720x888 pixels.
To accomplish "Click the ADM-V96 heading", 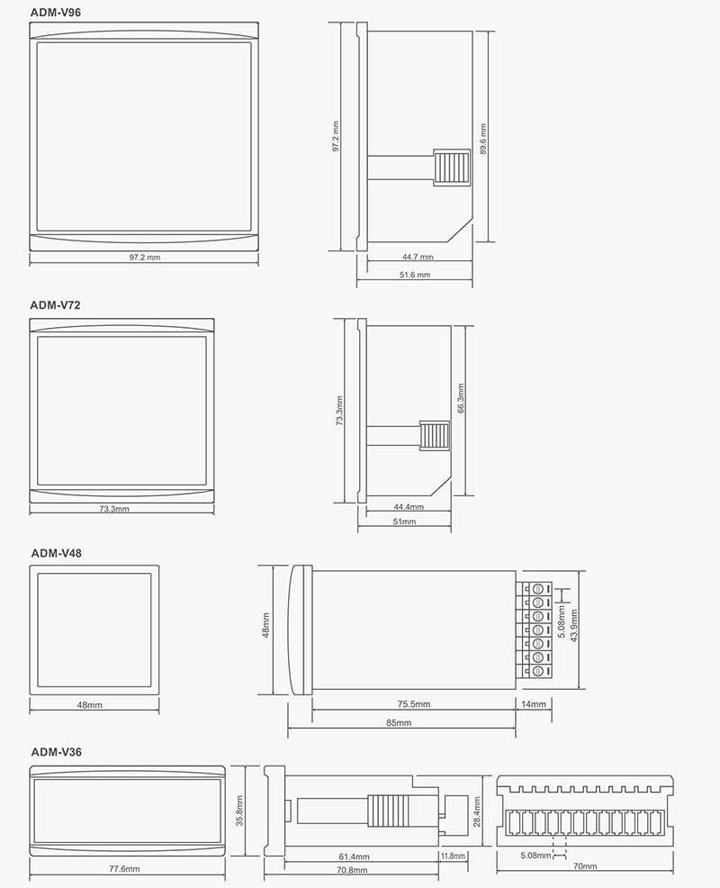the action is [56, 12].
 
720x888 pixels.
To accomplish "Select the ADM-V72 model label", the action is [56, 305].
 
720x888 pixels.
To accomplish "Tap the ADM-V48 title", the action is [56, 553].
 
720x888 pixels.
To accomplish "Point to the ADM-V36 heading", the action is [56, 752].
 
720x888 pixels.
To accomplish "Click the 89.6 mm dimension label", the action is [482, 140].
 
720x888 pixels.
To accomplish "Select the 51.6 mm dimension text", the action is [415, 275].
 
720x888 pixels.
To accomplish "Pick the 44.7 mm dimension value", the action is [418, 257].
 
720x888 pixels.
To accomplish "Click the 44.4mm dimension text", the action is [409, 507].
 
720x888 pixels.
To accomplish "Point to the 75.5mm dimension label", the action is [414, 704].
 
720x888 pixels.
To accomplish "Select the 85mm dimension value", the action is [399, 722].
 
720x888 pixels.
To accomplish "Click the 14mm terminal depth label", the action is [534, 704].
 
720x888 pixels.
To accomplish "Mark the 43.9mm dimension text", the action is [574, 625].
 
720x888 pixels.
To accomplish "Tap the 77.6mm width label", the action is [124, 869].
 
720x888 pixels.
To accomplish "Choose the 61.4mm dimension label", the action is [354, 856].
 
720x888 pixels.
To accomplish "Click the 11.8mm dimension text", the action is [453, 856].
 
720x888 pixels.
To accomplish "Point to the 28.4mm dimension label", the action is [477, 811].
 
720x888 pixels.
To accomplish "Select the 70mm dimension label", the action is [585, 865].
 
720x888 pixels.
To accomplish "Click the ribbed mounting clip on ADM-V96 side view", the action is [452, 168].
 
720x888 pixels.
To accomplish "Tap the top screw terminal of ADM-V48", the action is [537, 588].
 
